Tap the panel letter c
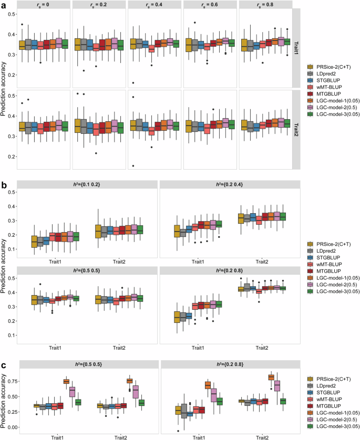[4, 363]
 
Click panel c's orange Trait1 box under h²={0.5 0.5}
[66, 381]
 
